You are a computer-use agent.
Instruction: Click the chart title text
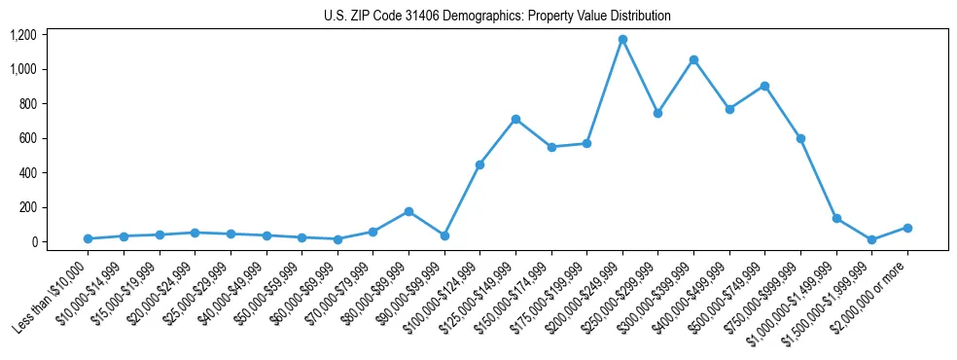[x=497, y=17]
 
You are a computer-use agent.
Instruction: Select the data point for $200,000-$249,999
[x=622, y=40]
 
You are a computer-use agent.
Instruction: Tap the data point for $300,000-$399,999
[x=693, y=59]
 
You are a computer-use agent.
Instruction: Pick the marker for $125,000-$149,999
[x=515, y=119]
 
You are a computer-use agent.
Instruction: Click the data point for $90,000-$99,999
[x=444, y=235]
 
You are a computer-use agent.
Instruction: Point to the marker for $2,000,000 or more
[x=907, y=228]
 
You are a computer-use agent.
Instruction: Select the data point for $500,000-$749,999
[x=764, y=86]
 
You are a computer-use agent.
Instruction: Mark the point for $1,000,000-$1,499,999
[x=836, y=218]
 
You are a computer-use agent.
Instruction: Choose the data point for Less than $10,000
[x=88, y=238]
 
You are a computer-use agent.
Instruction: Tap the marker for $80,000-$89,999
[x=408, y=211]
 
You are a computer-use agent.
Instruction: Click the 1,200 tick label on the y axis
[x=23, y=35]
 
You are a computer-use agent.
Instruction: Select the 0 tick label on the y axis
[x=33, y=242]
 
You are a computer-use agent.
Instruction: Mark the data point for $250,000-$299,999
[x=658, y=113]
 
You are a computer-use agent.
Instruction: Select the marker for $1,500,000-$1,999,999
[x=871, y=239]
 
